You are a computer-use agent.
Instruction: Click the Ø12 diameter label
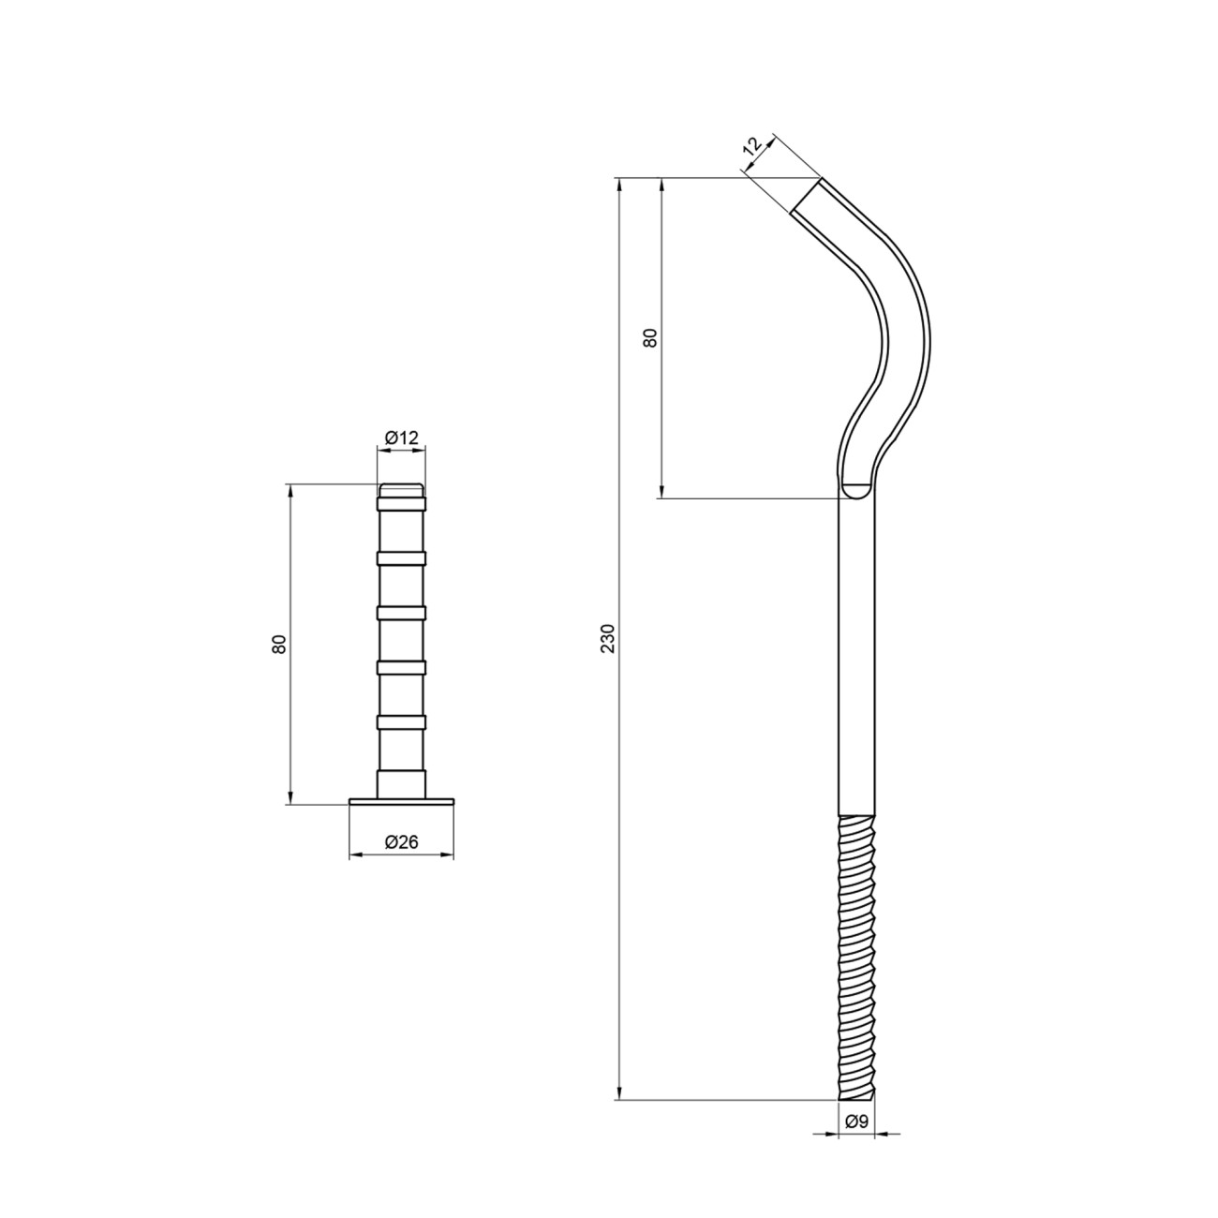pos(401,437)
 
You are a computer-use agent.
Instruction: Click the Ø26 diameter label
pos(401,841)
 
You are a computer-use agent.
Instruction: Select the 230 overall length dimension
pos(608,638)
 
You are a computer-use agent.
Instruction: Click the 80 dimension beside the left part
pos(280,644)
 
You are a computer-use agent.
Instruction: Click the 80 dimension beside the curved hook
pos(650,338)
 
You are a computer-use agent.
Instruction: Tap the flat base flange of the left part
pos(401,801)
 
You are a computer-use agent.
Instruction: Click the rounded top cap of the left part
pos(401,490)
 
